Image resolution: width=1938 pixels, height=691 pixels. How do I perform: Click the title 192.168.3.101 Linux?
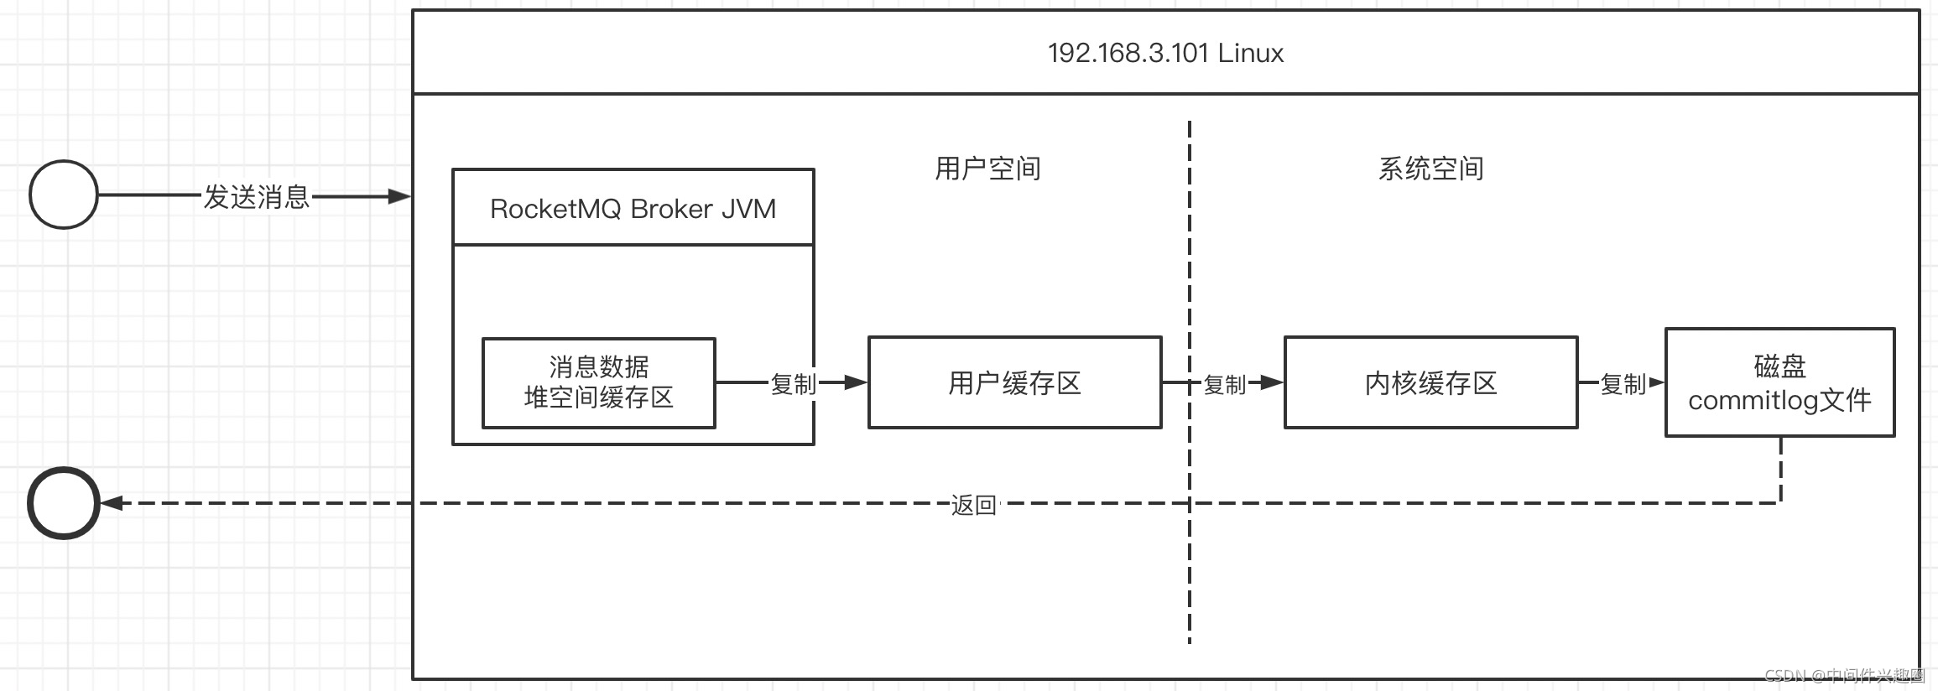[x=1165, y=53]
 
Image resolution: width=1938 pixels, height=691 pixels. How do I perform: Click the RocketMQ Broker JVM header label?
[x=633, y=209]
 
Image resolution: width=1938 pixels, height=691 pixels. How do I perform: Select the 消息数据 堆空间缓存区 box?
[x=598, y=382]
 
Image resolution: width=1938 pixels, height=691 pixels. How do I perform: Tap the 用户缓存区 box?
[x=1014, y=383]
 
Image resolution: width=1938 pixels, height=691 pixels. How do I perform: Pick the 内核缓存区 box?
[x=1430, y=383]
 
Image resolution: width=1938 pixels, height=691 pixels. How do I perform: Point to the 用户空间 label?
[x=987, y=169]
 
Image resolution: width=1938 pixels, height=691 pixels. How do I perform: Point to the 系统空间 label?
[x=1430, y=169]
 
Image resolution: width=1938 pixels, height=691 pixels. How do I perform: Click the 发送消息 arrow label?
[x=257, y=197]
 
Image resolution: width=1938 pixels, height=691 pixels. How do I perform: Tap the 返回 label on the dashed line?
[x=973, y=505]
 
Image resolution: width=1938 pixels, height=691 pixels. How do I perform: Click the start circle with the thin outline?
[x=64, y=195]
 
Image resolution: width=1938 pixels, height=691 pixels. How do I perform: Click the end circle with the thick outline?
[x=64, y=503]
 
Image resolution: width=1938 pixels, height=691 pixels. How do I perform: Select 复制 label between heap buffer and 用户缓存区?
[x=793, y=384]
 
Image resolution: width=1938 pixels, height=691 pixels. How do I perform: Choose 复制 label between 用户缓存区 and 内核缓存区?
[x=1224, y=384]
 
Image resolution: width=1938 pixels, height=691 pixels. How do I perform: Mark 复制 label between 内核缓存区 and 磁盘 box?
[x=1623, y=384]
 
